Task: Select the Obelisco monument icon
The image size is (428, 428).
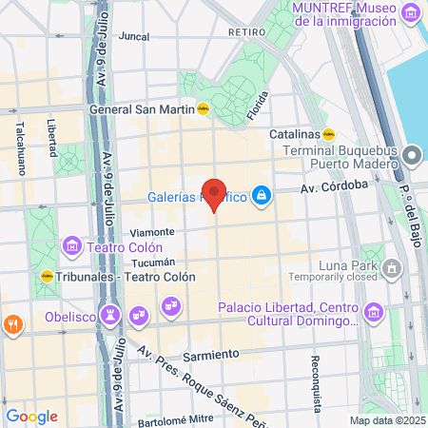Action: pos(111,312)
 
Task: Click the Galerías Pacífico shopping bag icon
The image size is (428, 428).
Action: pos(261,197)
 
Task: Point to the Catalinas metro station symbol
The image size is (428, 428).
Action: pos(328,134)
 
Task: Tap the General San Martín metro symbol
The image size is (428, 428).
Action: pos(203,108)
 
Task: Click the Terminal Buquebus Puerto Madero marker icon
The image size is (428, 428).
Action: pos(412,153)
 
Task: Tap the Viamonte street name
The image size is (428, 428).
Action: pos(152,232)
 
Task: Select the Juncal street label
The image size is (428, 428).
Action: pos(134,37)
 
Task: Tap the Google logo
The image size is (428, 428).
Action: pos(31,416)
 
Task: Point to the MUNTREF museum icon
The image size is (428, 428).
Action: pos(411,14)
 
